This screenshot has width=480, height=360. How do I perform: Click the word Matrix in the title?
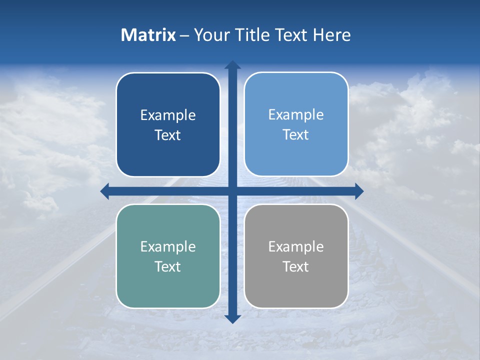point(148,35)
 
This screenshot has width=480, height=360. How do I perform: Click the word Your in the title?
point(209,35)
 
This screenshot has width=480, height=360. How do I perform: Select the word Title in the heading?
point(251,35)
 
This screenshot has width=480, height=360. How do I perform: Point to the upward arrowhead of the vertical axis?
point(232,65)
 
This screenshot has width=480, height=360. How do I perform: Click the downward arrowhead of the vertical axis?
point(232,319)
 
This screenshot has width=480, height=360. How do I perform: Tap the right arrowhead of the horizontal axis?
point(359,191)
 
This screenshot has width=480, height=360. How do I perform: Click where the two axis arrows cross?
point(232,191)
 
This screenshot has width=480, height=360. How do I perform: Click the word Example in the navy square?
point(168,115)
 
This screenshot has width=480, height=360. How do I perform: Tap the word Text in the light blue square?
point(296,135)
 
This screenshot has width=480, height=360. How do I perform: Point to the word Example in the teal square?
point(168,247)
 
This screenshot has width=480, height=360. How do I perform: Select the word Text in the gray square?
point(296,266)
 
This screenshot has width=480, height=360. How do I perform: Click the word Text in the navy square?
point(168,135)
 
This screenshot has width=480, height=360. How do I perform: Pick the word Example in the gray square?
point(296,247)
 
